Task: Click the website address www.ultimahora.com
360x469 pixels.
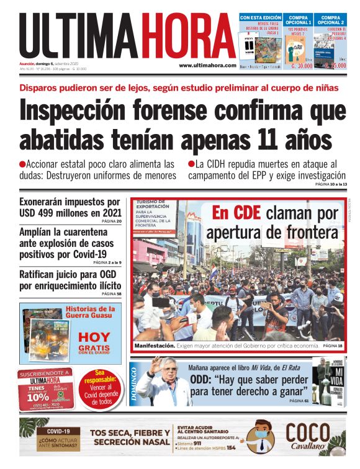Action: point(207,65)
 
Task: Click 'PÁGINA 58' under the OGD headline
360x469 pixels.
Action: point(112,293)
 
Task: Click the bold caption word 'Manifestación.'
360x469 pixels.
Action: point(155,345)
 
